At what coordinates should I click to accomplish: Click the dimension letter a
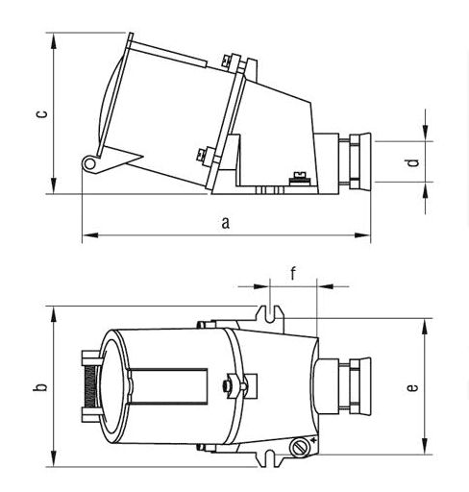pos(226,223)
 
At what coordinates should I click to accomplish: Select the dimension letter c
pos(41,114)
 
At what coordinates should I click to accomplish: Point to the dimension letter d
pos(413,162)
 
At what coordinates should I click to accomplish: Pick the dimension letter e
pos(412,387)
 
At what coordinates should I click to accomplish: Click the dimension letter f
pos(293,273)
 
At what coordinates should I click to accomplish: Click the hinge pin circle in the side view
pos(89,164)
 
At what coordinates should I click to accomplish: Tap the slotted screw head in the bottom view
pos(300,447)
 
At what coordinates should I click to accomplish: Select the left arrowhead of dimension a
pos(90,235)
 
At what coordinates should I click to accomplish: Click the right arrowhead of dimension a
pos(362,235)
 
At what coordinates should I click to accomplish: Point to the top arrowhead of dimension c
pos(54,40)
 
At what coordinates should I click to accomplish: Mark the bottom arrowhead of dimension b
pos(54,458)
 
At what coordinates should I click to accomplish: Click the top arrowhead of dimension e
pos(425,327)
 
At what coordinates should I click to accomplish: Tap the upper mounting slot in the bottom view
pos(270,314)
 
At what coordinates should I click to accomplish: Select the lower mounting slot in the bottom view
pos(270,458)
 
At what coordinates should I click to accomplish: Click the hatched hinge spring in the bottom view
pos(90,386)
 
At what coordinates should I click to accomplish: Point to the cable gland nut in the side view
pos(359,161)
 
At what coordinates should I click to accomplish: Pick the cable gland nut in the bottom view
pos(359,386)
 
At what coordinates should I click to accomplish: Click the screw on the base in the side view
pos(300,179)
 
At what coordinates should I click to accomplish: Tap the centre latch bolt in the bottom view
pos(227,385)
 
